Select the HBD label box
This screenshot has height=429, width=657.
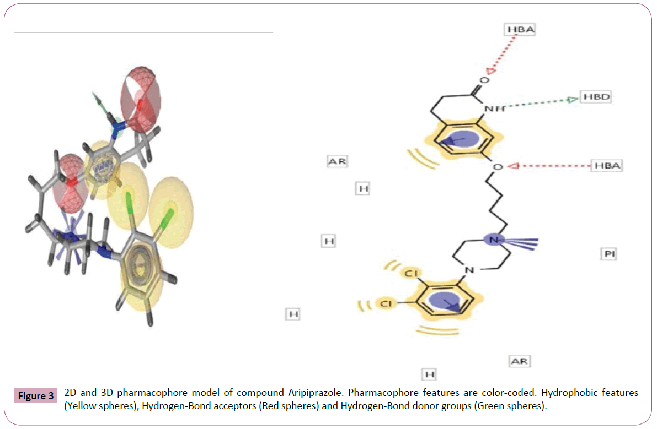[599, 97]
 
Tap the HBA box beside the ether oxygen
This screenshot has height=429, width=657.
[606, 165]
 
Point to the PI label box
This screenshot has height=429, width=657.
[608, 254]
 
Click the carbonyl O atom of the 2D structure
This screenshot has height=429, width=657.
[484, 80]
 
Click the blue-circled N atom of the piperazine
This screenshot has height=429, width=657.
[494, 240]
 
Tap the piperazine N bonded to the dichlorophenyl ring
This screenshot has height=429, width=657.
[468, 270]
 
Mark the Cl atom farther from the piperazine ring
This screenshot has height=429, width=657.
[386, 303]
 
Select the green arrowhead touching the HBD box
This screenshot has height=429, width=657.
[572, 99]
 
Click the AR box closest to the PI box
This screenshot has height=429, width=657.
[519, 361]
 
